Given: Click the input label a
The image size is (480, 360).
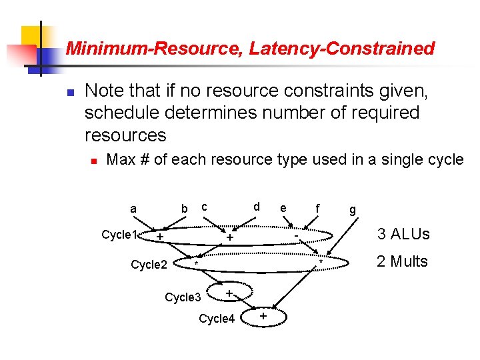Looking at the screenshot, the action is pos(133,209).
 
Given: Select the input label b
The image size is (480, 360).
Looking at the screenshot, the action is pos(185,209).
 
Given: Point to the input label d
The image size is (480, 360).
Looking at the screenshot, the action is pos(257,207).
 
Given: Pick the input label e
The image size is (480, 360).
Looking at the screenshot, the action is pos(283,209).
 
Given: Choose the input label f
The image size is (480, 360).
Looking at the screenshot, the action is pos(317,209).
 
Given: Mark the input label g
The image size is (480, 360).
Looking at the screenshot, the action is pos(353,211).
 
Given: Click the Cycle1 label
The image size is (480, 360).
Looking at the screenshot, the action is pos(119,235).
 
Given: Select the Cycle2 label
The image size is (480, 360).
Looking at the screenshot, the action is pos(149,265).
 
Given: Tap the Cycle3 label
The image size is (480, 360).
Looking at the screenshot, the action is pos(183,297).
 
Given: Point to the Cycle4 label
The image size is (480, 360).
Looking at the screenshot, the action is pos(217,319).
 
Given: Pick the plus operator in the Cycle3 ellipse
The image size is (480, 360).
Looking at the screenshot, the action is pos(229,293).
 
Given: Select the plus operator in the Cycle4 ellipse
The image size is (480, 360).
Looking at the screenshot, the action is pos(263,315).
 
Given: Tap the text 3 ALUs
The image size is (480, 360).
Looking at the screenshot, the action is pos(403,234).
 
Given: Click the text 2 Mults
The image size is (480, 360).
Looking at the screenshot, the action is pos(402,261).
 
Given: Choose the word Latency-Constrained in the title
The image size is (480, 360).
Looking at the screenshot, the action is pos(360,48).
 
